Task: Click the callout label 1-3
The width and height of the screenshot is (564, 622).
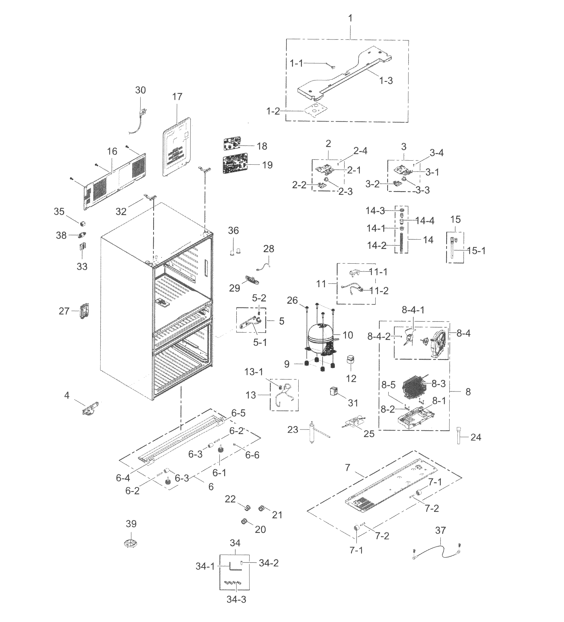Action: coord(386,81)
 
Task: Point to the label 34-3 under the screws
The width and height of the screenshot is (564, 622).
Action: coord(236,599)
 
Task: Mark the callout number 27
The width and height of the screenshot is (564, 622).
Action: coord(64,311)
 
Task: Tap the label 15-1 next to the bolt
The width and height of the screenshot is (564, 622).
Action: coord(476,251)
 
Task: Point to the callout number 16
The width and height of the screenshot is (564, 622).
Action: coord(112,151)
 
